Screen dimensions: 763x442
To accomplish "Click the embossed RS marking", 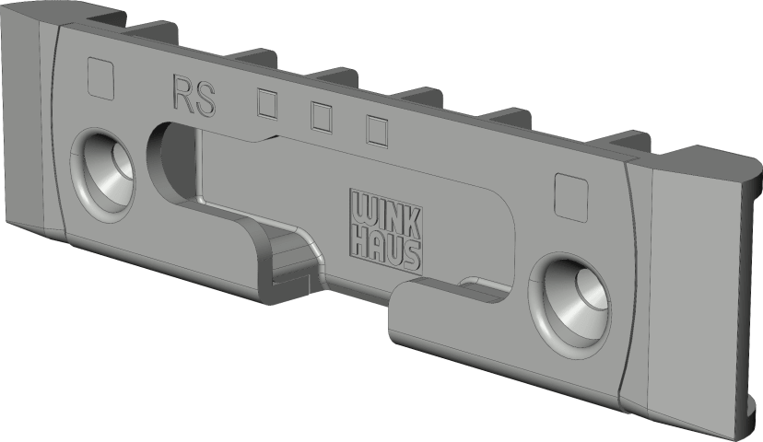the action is coord(194,95).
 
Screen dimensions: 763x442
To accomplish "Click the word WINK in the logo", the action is coord(385,215).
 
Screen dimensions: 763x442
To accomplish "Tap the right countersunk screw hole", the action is coord(571,301).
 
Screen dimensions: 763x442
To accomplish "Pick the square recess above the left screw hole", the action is coord(100,77).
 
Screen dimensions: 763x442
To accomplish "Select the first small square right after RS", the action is coord(267,102).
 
